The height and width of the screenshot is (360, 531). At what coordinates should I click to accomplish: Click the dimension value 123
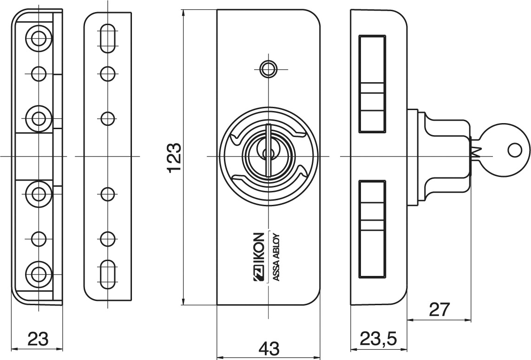click(x=174, y=158)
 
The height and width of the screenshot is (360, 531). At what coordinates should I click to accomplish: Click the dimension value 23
click(x=37, y=338)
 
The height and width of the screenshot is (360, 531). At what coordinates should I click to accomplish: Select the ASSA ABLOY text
click(x=274, y=257)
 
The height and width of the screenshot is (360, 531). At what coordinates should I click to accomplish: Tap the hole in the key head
click(x=515, y=150)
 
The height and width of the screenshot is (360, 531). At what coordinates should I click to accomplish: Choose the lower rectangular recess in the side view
click(x=372, y=230)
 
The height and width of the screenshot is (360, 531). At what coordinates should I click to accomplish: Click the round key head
click(x=504, y=150)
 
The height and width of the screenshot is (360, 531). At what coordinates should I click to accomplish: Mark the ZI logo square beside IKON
click(x=259, y=274)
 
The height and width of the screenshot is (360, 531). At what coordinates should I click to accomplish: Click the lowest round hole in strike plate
click(x=108, y=238)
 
